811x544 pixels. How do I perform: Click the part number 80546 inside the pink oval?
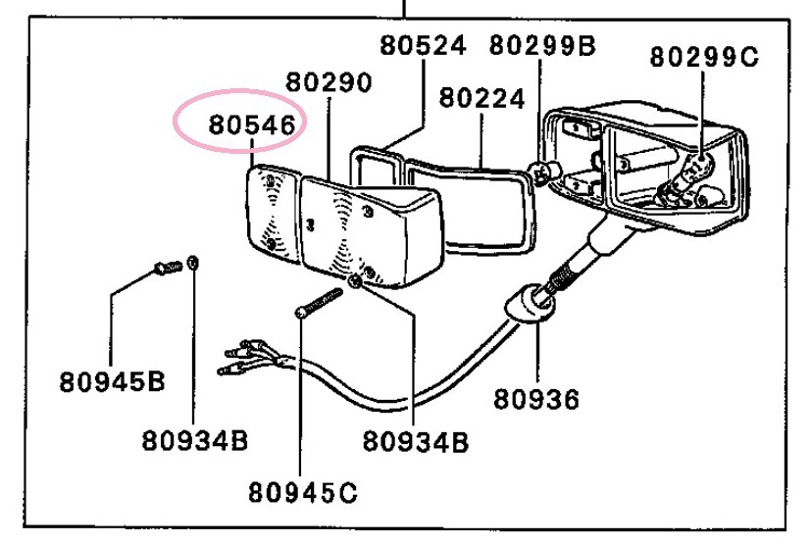[252, 126]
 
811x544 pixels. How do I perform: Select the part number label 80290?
[329, 81]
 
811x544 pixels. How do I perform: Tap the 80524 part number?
[423, 45]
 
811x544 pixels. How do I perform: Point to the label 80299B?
[541, 45]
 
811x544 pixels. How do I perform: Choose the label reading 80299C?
[703, 57]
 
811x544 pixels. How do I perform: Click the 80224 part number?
[482, 98]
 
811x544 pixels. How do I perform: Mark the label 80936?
[535, 399]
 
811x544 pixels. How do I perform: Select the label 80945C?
[301, 487]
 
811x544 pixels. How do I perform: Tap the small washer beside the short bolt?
[193, 262]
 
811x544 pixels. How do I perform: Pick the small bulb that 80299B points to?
[545, 173]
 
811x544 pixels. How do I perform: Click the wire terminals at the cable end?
[245, 359]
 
